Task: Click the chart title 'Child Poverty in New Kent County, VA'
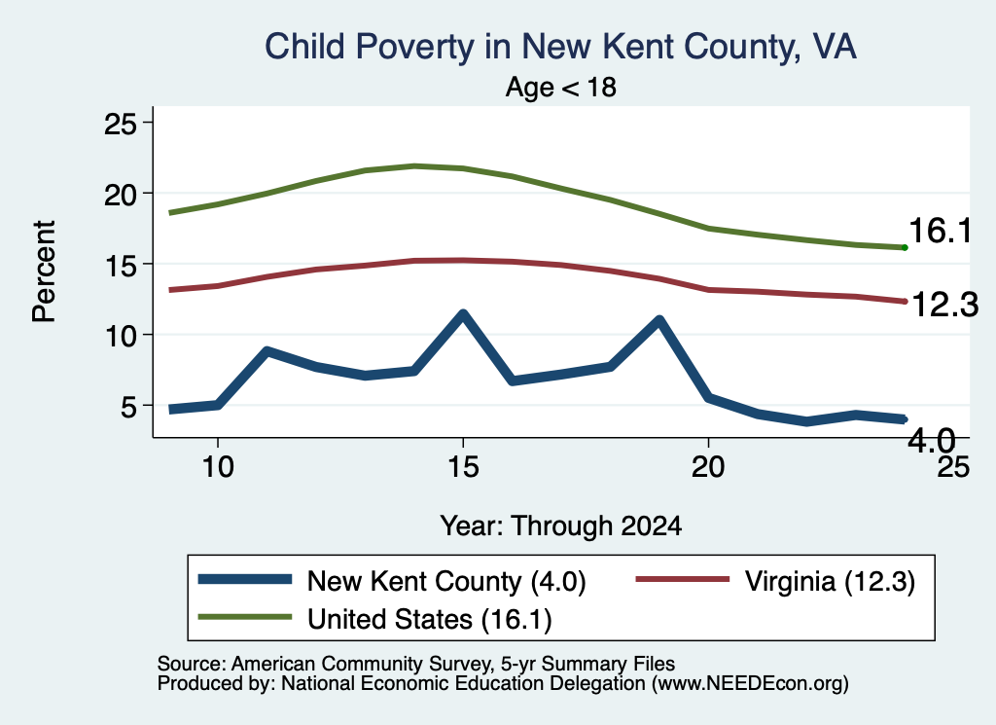point(560,47)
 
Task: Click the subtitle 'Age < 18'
point(561,87)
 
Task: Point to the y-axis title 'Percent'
point(44,272)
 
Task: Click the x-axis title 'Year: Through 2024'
point(561,526)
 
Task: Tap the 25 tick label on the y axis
point(120,124)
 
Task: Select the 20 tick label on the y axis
point(120,194)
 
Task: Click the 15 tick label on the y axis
point(120,265)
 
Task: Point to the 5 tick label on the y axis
point(128,406)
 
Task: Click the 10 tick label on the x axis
point(218,467)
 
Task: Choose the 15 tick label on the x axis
point(463,467)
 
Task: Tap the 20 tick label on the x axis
point(708,467)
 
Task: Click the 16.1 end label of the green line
point(941,230)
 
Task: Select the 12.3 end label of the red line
point(945,305)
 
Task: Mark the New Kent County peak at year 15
point(463,314)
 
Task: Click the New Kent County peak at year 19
point(659,320)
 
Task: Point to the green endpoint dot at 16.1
point(905,247)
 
